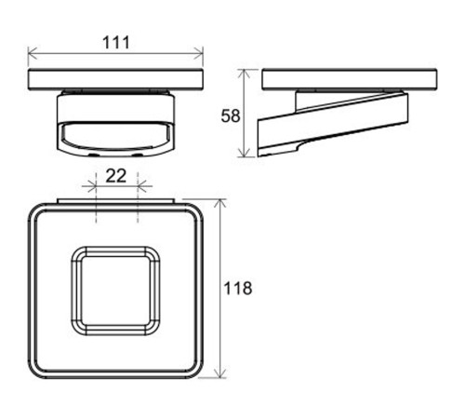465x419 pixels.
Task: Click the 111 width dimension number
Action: [x=115, y=43]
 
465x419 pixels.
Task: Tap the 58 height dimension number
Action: [x=231, y=116]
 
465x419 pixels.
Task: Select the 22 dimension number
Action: [x=116, y=176]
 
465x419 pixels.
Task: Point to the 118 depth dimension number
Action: [x=238, y=289]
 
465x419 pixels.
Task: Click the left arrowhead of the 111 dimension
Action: [x=33, y=52]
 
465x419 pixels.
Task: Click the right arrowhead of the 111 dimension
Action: [x=198, y=52]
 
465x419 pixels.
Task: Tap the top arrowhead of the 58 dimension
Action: [x=245, y=74]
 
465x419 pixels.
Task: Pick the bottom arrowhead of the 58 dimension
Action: [x=245, y=153]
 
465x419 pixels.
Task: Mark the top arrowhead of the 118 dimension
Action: [x=220, y=204]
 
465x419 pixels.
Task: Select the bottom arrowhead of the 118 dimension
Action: [x=220, y=372]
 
